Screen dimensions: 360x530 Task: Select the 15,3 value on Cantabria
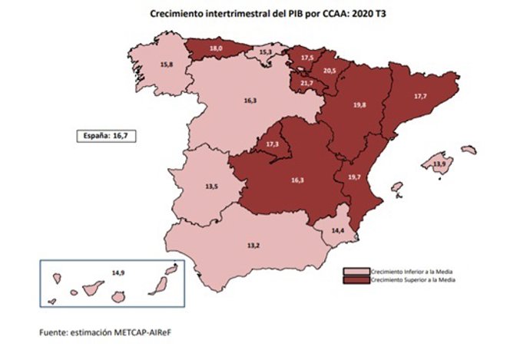pyautogui.click(x=265, y=52)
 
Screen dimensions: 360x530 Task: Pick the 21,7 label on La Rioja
pyautogui.click(x=306, y=83)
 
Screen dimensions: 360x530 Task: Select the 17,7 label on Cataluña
pyautogui.click(x=420, y=97)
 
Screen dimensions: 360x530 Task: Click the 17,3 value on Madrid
pyautogui.click(x=273, y=144)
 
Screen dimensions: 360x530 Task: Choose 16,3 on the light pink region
pyautogui.click(x=250, y=100)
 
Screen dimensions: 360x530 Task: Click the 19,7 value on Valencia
pyautogui.click(x=354, y=177)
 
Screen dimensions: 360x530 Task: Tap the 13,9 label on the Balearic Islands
pyautogui.click(x=439, y=164)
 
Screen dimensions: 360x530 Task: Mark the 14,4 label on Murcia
pyautogui.click(x=337, y=230)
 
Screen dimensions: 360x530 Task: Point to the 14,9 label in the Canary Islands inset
pyautogui.click(x=118, y=272)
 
